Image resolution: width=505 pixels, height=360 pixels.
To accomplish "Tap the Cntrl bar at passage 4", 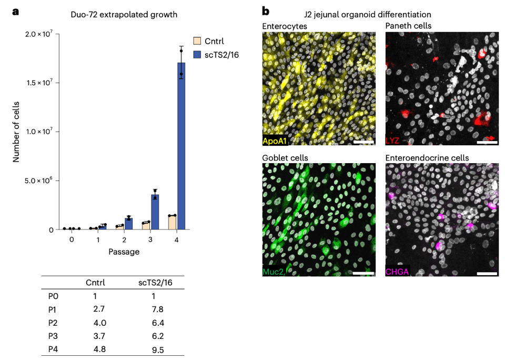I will point(172,223).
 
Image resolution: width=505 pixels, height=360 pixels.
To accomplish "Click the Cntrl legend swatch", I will point(197,41).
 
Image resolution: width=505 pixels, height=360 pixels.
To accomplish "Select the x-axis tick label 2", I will point(124,239).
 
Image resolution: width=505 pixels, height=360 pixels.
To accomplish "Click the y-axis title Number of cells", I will point(16,132).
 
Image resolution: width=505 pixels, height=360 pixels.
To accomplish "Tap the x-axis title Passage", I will point(124,252).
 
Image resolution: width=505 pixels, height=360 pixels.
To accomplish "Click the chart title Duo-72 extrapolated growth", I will point(124,15).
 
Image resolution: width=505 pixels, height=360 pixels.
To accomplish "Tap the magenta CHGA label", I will point(398,272).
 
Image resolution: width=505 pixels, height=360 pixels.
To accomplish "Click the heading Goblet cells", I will point(285,158).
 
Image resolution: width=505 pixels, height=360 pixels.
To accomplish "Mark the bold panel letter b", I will point(266,11).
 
